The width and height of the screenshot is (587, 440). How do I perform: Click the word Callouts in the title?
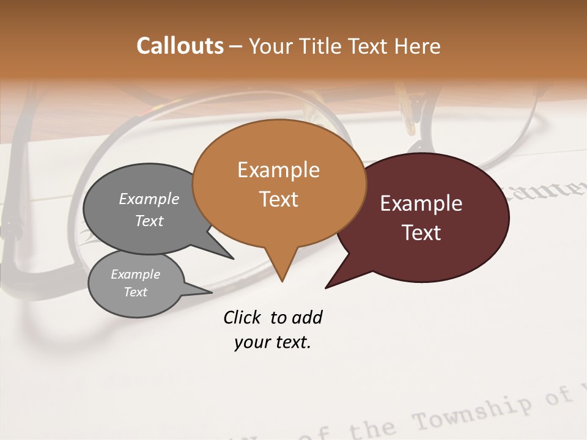180,46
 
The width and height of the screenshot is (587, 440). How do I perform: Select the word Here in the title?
418,46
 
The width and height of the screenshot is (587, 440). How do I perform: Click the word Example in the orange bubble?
278,170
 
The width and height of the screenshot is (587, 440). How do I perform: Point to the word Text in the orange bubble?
278,199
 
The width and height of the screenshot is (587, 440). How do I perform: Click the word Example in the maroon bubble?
421,204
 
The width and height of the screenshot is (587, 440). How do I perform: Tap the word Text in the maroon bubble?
421,233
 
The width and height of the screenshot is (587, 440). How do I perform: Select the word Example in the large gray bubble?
149,199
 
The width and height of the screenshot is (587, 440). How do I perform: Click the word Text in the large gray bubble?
149,221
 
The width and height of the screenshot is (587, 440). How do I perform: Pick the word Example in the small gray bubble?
135,274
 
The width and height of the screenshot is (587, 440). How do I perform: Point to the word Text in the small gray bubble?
135,292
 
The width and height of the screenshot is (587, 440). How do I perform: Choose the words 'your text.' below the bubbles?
273,343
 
